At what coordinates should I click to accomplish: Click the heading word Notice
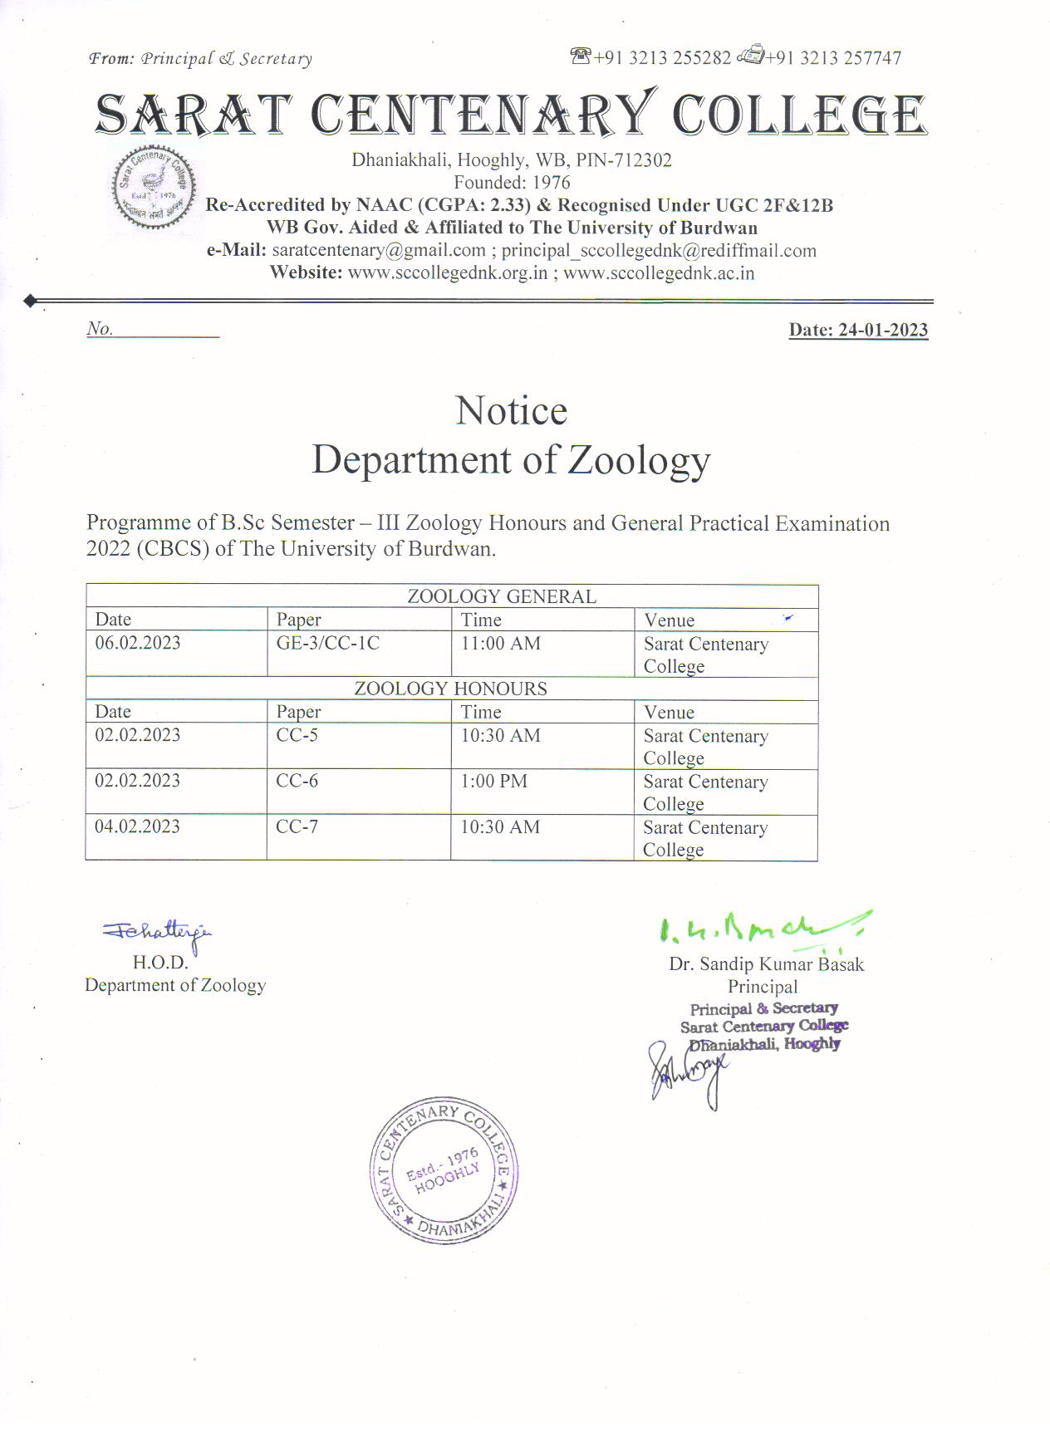coord(511,411)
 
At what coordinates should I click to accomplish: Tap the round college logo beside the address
coord(154,188)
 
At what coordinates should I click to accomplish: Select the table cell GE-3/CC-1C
coord(328,643)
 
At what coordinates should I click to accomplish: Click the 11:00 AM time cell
coord(500,643)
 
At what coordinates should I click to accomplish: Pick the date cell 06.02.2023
coord(138,643)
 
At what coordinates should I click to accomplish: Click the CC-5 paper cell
coord(297,735)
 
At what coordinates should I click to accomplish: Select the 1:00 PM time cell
coord(493,781)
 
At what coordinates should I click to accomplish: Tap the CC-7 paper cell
coord(297,826)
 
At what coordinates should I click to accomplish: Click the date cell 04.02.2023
coord(138,826)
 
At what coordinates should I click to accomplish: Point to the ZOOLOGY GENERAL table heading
coord(501,596)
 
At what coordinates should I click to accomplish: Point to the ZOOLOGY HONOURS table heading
coord(450,689)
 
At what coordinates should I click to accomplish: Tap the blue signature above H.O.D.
coord(158,933)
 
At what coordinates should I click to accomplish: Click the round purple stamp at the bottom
coord(444,1170)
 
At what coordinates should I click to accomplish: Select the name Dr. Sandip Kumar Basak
coord(766,964)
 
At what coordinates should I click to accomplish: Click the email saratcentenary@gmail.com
coord(379,250)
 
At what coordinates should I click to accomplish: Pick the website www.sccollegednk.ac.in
coord(659,273)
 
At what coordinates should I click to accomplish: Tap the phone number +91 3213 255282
coord(662,58)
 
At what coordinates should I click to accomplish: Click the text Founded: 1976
coord(512,182)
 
